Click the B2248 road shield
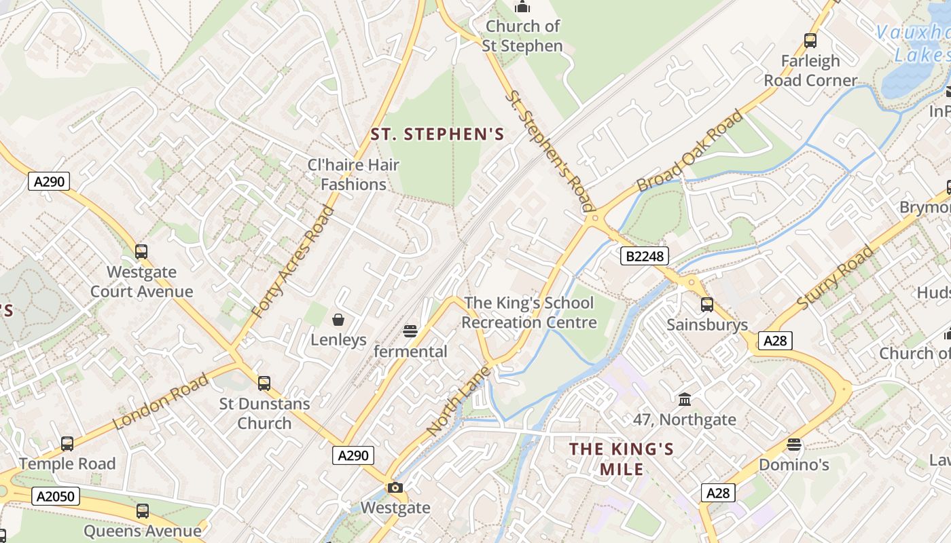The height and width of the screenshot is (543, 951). click(x=644, y=256)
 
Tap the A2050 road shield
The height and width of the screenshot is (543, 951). click(x=56, y=496)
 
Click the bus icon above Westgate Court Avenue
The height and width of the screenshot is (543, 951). click(x=141, y=252)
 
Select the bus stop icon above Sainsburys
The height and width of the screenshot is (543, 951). click(x=707, y=305)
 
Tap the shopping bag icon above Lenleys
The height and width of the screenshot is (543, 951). click(x=338, y=319)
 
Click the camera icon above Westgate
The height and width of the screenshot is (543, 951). click(x=395, y=487)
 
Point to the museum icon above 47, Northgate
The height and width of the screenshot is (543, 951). click(x=684, y=399)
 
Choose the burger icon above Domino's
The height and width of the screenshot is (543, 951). click(x=793, y=445)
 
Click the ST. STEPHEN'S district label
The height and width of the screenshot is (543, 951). click(x=437, y=134)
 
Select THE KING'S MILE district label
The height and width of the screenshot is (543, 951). click(x=622, y=459)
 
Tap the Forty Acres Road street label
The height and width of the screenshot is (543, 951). click(x=293, y=261)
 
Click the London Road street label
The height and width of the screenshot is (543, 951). click(x=160, y=402)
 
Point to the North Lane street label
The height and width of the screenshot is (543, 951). click(x=458, y=402)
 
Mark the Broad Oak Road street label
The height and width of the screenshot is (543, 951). click(x=690, y=152)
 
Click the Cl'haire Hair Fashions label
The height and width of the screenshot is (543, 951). click(x=353, y=174)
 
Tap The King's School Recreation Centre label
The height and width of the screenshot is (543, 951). click(x=528, y=312)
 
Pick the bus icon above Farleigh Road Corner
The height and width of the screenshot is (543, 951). click(x=810, y=41)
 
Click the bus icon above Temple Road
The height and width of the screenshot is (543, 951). click(x=67, y=444)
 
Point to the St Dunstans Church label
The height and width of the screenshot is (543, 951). click(x=264, y=413)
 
